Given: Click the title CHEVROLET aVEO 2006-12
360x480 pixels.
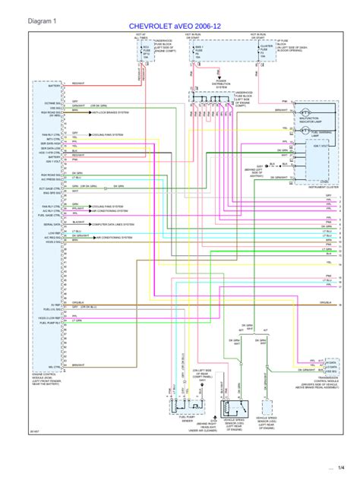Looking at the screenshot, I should pyautogui.click(x=179, y=26).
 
